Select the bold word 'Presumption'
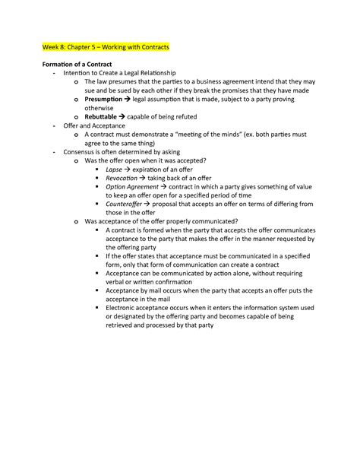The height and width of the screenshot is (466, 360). pyautogui.click(x=106, y=99)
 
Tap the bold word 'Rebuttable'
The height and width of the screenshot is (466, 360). pyautogui.click(x=103, y=117)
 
